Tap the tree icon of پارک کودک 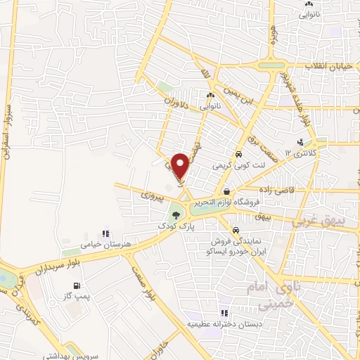[x=175, y=213]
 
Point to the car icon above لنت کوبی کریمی [x=238, y=154]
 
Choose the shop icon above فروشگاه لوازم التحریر [x=226, y=191]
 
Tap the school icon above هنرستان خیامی [x=106, y=233]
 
